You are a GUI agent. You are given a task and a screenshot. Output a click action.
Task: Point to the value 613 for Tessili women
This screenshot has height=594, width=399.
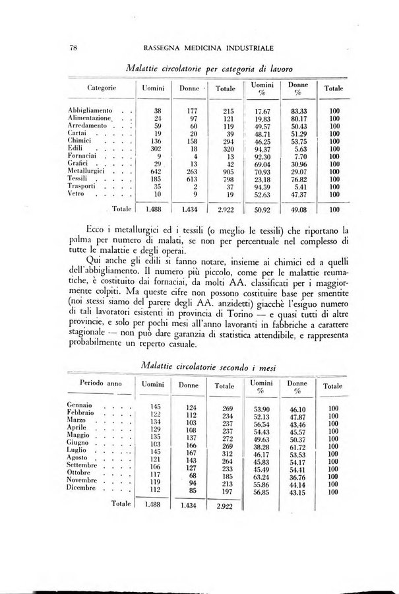pyautogui.click(x=190, y=178)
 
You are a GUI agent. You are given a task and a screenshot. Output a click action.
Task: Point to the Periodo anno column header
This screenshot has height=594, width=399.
pyautogui.click(x=98, y=383)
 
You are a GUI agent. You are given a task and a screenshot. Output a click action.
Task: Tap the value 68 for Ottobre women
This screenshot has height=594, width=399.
pyautogui.click(x=192, y=475)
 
